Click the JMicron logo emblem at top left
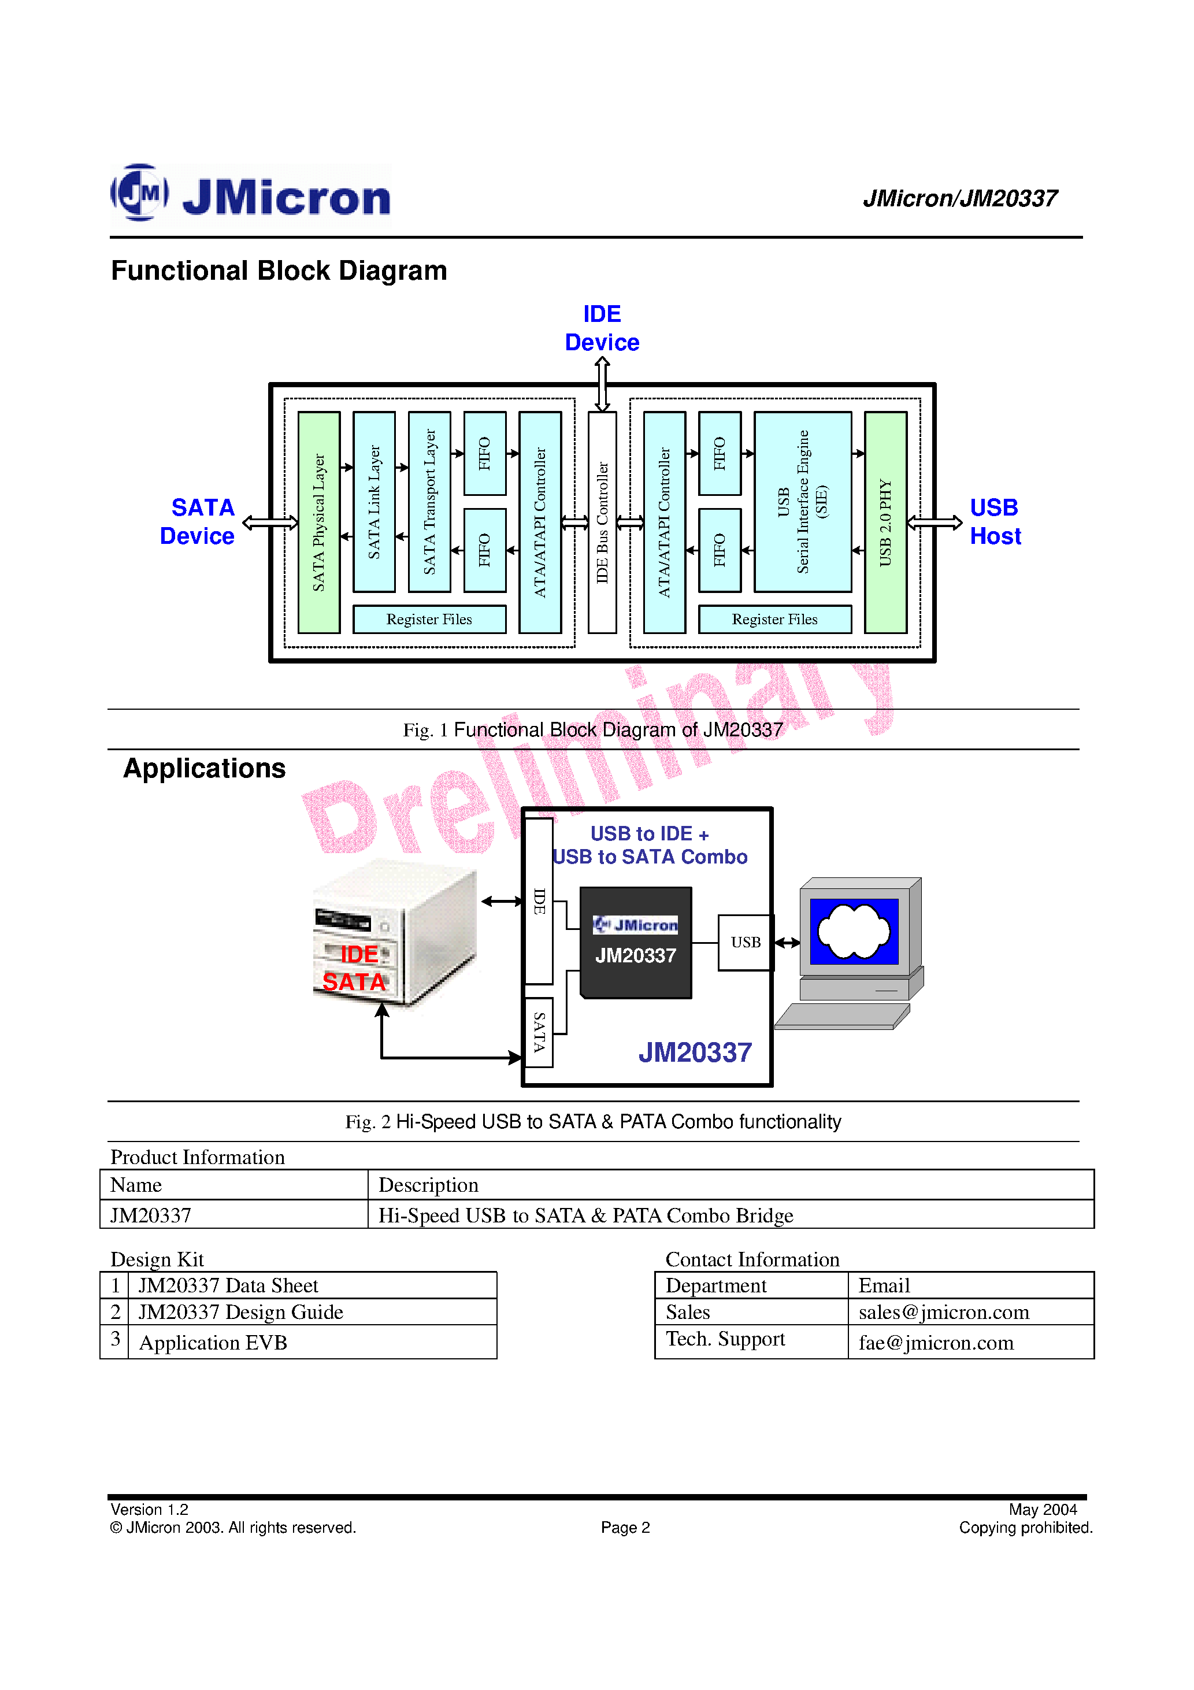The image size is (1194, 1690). [140, 192]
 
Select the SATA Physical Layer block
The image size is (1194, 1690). [319, 522]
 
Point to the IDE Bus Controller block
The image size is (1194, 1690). [602, 522]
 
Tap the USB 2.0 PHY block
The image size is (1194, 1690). [885, 522]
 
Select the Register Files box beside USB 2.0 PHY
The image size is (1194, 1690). [774, 619]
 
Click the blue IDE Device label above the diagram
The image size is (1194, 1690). [602, 328]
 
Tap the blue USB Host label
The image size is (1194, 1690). [995, 522]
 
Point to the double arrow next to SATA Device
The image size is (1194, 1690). [270, 522]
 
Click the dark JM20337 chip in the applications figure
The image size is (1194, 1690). [636, 943]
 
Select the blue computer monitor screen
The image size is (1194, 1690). [854, 931]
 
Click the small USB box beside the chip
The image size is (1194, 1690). [745, 942]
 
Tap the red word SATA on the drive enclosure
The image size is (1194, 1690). [354, 982]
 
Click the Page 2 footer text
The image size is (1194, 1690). [625, 1528]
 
